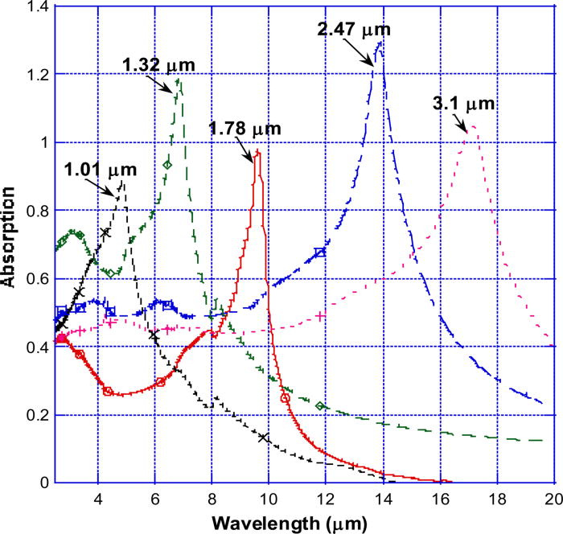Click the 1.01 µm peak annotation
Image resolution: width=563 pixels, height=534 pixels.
click(101, 170)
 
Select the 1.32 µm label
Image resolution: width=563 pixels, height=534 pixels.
click(158, 64)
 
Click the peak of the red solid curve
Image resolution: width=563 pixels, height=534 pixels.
click(257, 151)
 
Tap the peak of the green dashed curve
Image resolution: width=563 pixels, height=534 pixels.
click(179, 79)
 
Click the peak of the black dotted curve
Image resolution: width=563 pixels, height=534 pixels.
click(122, 182)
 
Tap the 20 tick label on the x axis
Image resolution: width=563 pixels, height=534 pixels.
click(553, 496)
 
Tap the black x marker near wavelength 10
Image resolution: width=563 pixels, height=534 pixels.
click(264, 437)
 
